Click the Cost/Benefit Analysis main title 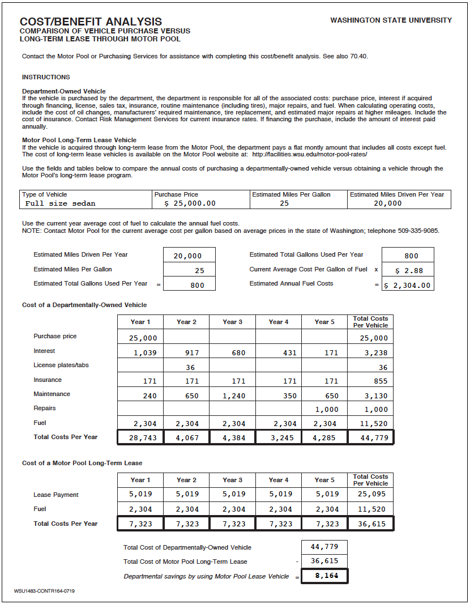(x=91, y=22)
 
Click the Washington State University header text (x=391, y=20)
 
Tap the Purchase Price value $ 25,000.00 (x=190, y=203)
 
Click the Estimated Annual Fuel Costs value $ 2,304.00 (x=408, y=286)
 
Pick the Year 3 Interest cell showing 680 (x=232, y=353)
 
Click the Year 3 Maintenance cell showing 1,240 (x=232, y=396)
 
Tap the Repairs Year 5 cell (x=324, y=410)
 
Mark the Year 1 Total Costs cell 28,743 (x=140, y=438)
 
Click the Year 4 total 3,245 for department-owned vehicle (x=278, y=438)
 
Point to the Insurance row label (x=48, y=380)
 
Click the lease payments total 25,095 (x=371, y=495)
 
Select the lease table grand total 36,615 (x=371, y=524)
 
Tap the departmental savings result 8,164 (x=324, y=576)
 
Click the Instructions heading (x=46, y=77)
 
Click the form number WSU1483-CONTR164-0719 (x=44, y=592)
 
